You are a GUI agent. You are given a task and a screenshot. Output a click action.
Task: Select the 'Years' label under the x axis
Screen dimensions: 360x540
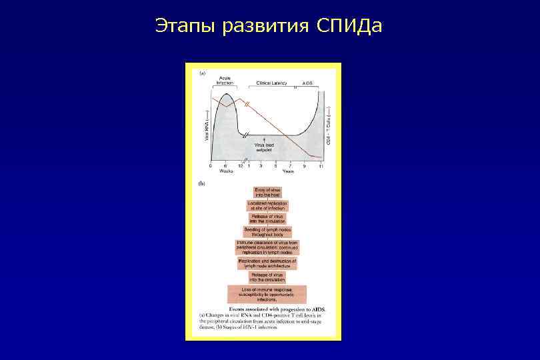(288, 171)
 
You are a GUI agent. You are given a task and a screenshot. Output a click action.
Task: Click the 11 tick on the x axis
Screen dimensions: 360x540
(321, 165)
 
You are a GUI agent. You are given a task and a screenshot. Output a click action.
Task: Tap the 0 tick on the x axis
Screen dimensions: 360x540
(211, 165)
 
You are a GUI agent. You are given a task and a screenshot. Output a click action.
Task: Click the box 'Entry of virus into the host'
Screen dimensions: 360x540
(267, 193)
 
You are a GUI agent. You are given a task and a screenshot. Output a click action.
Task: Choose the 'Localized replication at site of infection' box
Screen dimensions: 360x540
(267, 205)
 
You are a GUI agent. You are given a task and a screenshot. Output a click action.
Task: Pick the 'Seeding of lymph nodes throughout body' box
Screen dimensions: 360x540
(267, 232)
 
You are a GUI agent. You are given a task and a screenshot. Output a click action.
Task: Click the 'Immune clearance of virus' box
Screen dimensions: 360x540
(267, 247)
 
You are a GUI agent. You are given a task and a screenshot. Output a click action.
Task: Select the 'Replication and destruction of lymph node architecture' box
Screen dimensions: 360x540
(267, 263)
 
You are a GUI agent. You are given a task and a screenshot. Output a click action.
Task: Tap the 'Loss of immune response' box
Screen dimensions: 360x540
(267, 294)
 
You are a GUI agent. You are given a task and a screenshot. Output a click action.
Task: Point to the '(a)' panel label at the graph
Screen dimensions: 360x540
(203, 73)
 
